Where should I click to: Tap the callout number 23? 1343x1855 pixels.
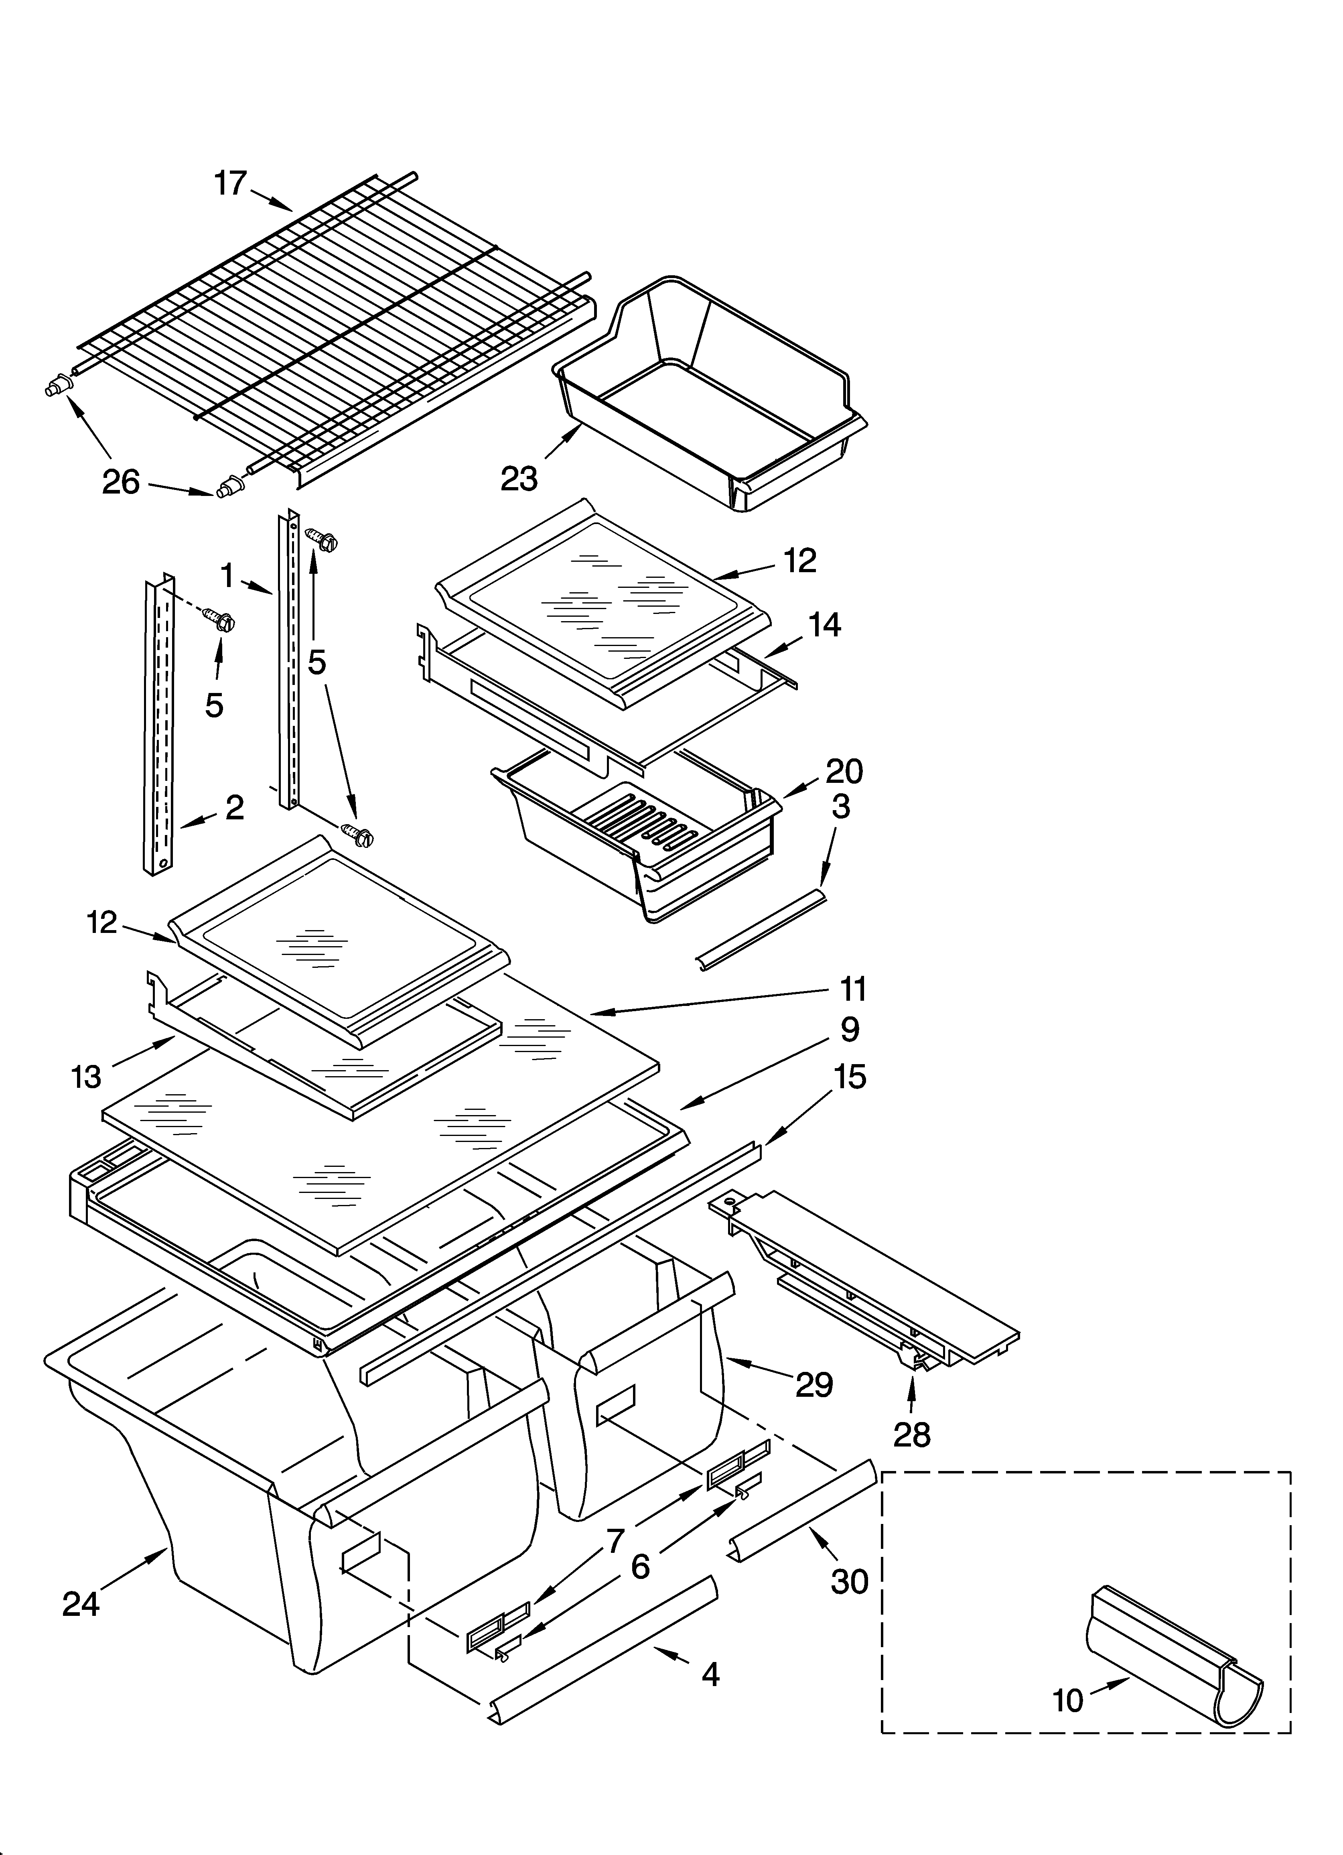519,478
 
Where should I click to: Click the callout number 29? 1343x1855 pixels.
814,1385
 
